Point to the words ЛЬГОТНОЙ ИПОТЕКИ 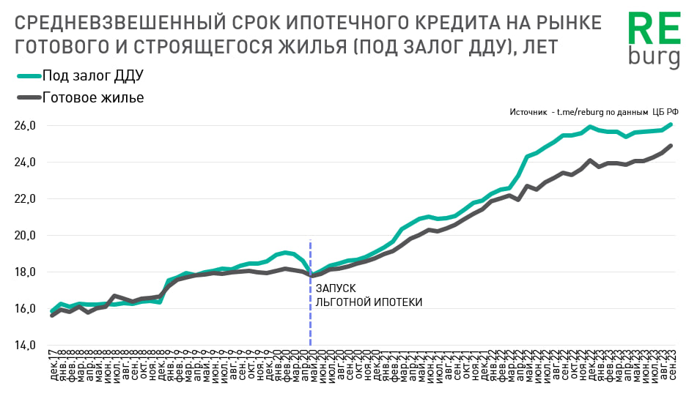coord(369,302)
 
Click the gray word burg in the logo coord(654,56)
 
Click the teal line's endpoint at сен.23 coord(671,124)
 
